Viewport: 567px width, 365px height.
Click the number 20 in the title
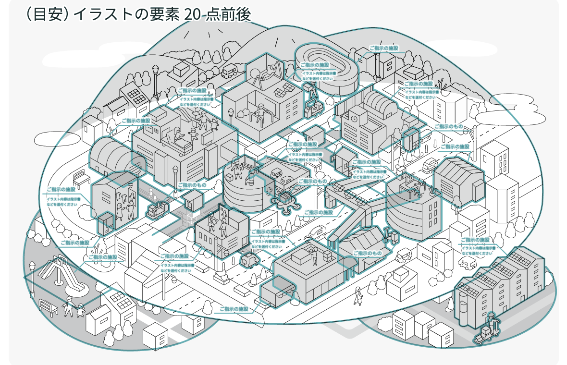coord(192,15)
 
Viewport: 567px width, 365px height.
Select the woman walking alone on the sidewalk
coord(358,295)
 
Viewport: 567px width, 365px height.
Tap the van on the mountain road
coord(230,72)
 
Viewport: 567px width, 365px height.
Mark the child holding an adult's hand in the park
coord(80,309)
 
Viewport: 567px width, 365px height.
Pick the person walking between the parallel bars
coord(260,112)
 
